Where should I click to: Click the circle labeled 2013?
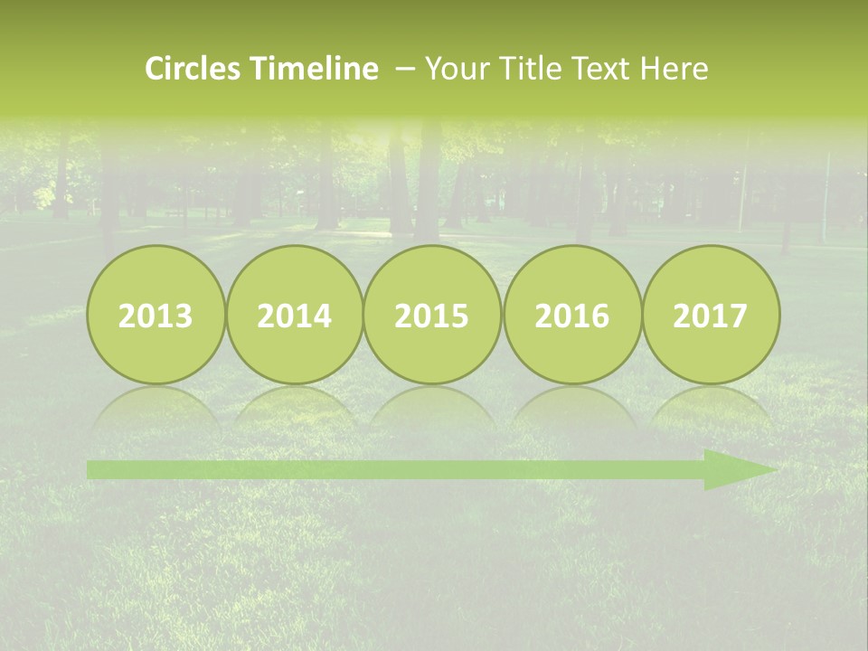(x=156, y=315)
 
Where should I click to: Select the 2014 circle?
(x=294, y=315)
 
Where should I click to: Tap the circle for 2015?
(x=432, y=315)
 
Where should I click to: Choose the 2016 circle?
(x=572, y=315)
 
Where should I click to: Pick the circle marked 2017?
(x=711, y=315)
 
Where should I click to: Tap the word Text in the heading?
(x=600, y=69)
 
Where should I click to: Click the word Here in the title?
(x=674, y=69)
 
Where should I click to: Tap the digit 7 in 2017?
(x=739, y=316)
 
